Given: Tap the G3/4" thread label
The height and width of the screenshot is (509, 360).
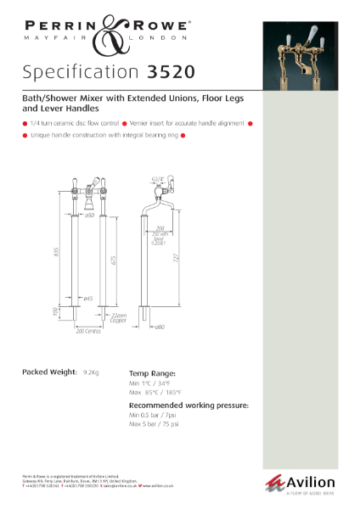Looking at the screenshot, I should coord(156,178).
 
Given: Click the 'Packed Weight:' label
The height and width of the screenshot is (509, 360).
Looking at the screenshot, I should coord(48,372).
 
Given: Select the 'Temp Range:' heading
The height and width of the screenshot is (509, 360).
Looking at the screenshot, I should coord(153,372).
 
